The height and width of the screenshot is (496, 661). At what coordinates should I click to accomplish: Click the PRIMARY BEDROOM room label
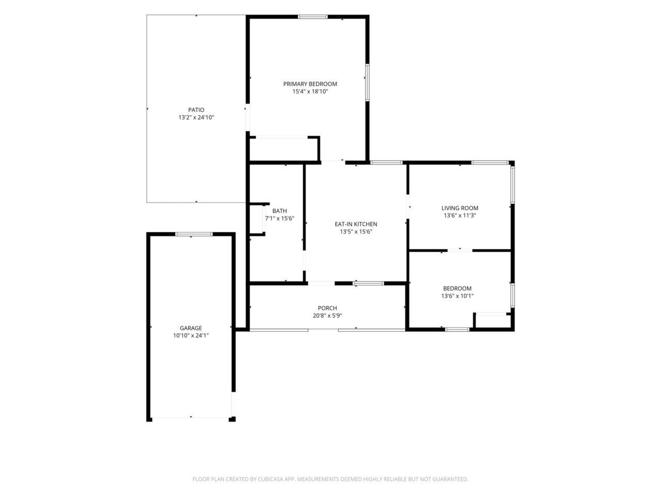[310, 84]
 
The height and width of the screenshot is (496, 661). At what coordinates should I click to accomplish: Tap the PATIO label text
[196, 110]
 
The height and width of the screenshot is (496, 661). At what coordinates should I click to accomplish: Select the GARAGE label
[191, 328]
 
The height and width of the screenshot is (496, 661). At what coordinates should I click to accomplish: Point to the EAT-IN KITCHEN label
[356, 224]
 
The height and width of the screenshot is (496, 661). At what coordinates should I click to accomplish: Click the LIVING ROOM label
[460, 208]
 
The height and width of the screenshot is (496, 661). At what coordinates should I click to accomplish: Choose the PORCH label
[327, 308]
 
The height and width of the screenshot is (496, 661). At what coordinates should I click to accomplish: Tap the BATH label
[279, 211]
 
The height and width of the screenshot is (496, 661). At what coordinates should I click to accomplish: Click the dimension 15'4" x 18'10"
[310, 91]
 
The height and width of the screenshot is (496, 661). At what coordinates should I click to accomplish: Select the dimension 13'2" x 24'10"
[196, 117]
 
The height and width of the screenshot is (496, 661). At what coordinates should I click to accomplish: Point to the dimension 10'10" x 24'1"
[191, 335]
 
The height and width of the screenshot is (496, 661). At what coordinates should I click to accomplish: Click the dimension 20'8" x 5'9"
[327, 315]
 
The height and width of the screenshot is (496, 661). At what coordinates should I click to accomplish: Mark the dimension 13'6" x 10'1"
[457, 296]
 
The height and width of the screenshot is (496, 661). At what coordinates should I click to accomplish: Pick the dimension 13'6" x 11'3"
[460, 215]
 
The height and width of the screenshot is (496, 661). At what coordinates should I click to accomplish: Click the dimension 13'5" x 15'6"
[356, 231]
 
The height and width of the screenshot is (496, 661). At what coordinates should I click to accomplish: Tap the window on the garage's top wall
[194, 234]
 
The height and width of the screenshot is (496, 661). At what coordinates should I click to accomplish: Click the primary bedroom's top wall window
[312, 17]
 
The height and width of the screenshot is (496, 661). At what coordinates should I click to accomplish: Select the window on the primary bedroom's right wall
[367, 82]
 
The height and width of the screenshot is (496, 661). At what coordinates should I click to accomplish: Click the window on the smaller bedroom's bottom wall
[457, 329]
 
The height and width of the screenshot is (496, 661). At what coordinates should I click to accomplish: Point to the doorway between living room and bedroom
[460, 250]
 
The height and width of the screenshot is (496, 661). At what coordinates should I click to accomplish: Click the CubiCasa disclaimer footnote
[330, 479]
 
